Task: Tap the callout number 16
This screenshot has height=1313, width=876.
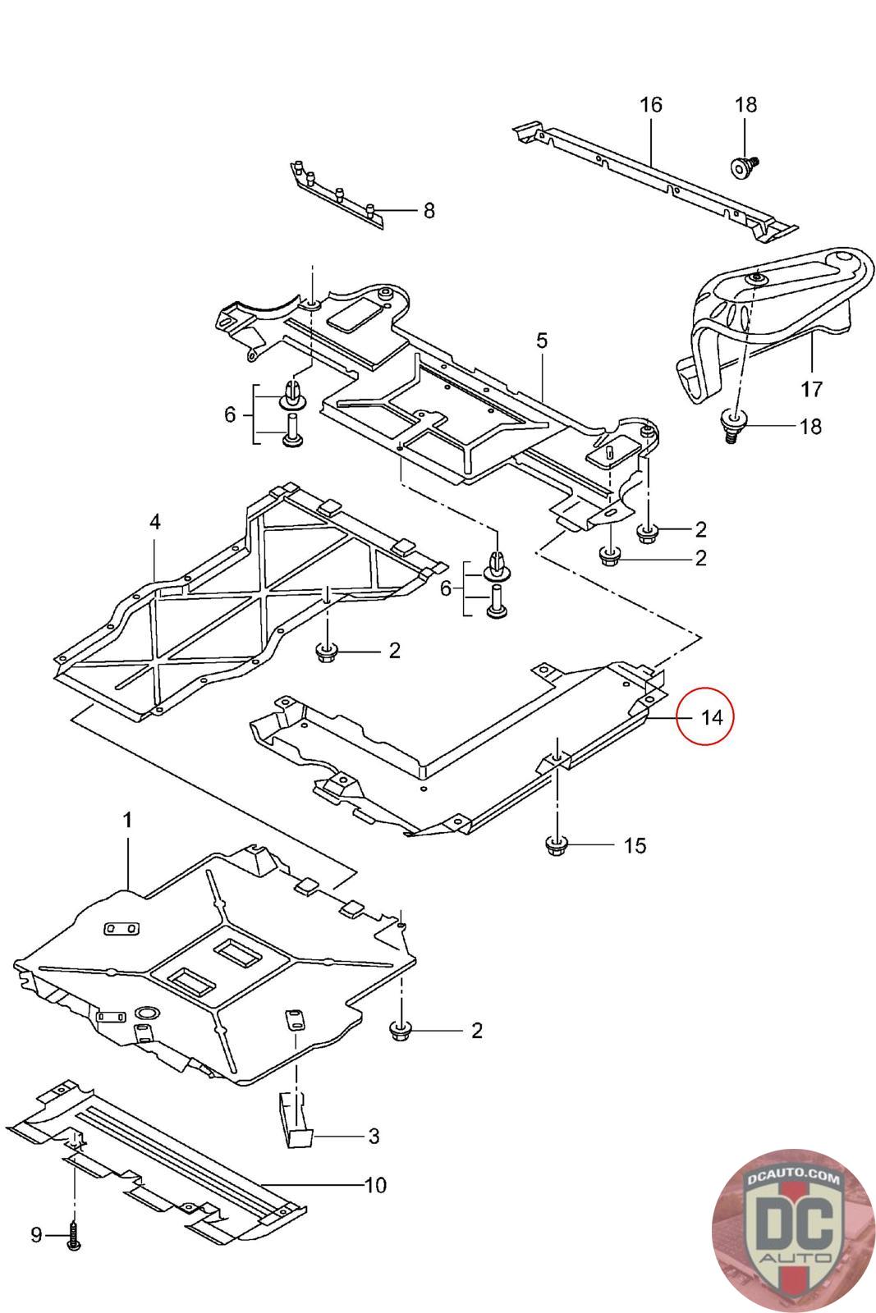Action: click(x=650, y=105)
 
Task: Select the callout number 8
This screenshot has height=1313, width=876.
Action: click(x=429, y=211)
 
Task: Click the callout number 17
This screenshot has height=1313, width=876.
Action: click(x=812, y=387)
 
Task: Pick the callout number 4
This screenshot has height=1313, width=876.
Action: click(x=154, y=521)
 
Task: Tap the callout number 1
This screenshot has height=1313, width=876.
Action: click(x=127, y=820)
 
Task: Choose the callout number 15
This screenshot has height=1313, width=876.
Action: click(x=635, y=844)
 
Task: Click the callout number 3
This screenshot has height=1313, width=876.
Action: click(x=374, y=1136)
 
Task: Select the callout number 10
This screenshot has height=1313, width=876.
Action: click(x=374, y=1185)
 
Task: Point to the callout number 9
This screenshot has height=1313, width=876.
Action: click(x=36, y=1234)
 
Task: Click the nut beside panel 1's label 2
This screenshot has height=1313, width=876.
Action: click(x=402, y=1030)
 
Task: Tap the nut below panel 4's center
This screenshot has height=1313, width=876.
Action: click(x=327, y=652)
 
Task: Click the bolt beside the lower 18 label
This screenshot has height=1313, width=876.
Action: click(x=732, y=426)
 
